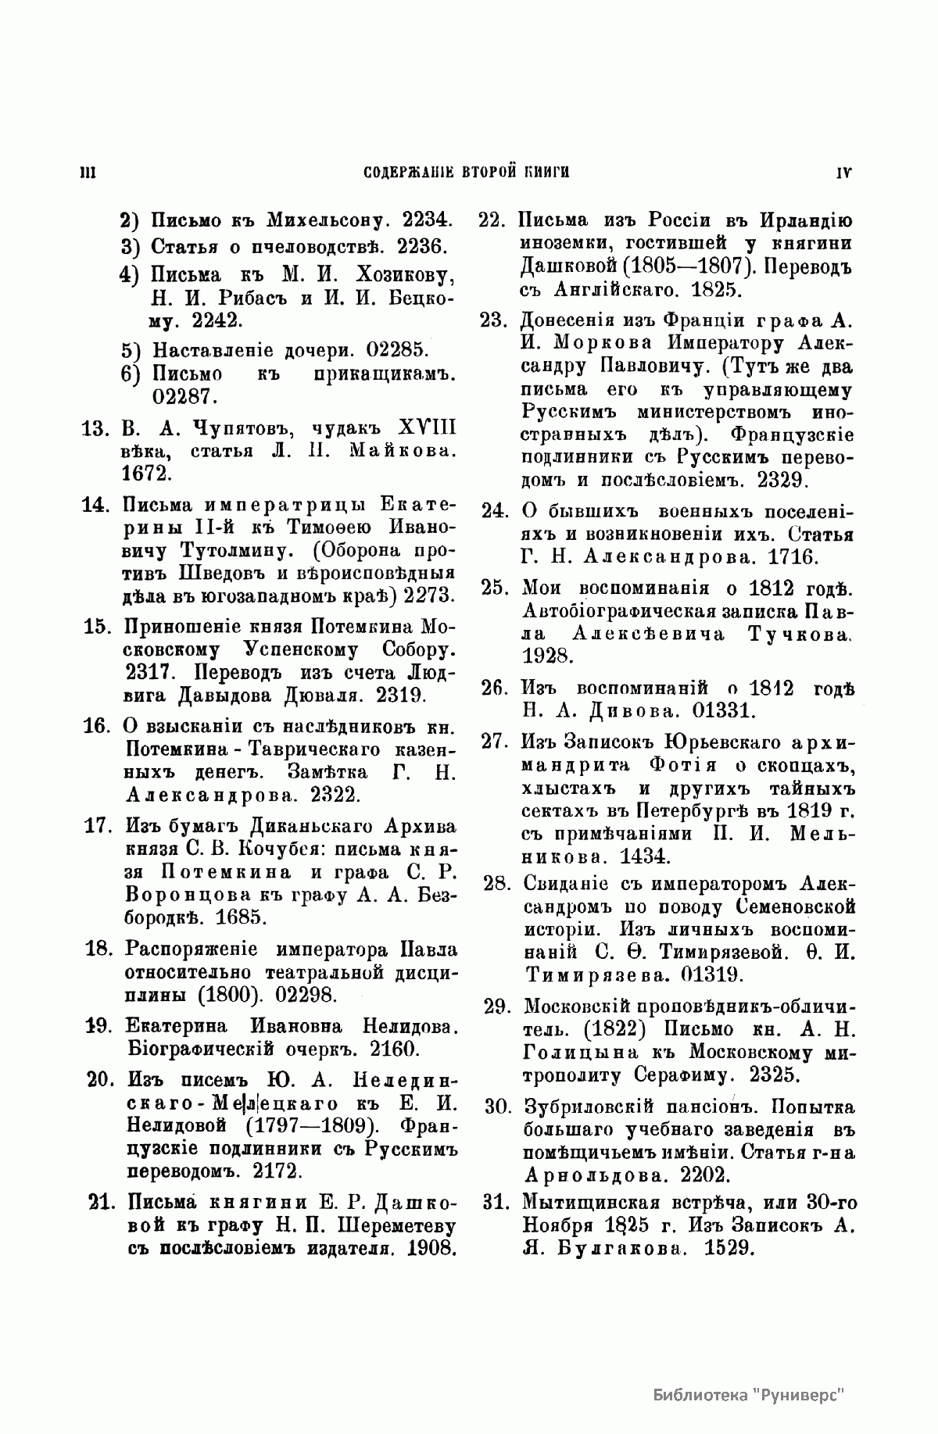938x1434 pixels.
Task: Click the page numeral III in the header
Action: tap(88, 173)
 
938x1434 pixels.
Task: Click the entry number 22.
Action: tap(494, 220)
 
